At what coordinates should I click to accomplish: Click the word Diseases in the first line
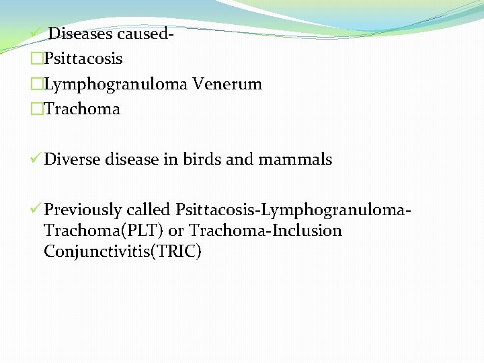[80, 33]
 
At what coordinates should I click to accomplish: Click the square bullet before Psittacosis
[36, 59]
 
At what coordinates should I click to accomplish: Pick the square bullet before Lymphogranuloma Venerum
[36, 85]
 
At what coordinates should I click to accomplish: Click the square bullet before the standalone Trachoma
[36, 110]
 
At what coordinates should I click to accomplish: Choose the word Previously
[83, 210]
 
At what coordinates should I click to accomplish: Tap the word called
[149, 210]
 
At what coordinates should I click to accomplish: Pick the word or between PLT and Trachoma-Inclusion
[175, 231]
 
